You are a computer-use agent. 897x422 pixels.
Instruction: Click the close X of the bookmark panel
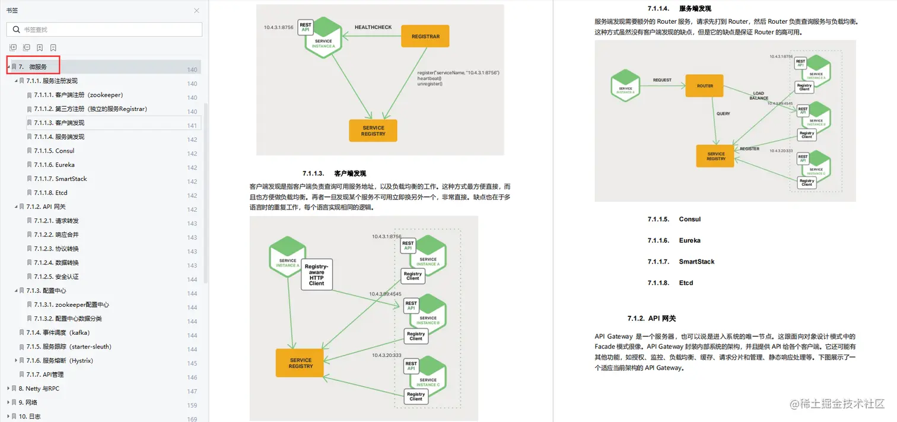pos(197,11)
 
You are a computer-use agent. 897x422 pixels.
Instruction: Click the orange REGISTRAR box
pos(425,36)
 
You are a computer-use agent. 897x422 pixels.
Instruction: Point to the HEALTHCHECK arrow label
pos(373,27)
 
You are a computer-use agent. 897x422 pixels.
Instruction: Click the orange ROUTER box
pos(705,85)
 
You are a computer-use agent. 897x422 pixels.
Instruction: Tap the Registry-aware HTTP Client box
pos(317,275)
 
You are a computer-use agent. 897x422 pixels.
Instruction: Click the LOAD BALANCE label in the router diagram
pos(759,96)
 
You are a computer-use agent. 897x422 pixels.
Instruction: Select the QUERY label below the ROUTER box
pos(723,113)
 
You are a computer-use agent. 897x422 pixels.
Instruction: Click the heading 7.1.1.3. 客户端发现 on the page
pos(334,173)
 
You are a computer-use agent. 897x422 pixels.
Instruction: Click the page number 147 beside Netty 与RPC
pos(192,392)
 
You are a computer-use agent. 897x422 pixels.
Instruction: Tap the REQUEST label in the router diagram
pos(662,80)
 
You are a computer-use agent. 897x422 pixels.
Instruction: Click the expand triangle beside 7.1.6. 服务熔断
pos(16,360)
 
